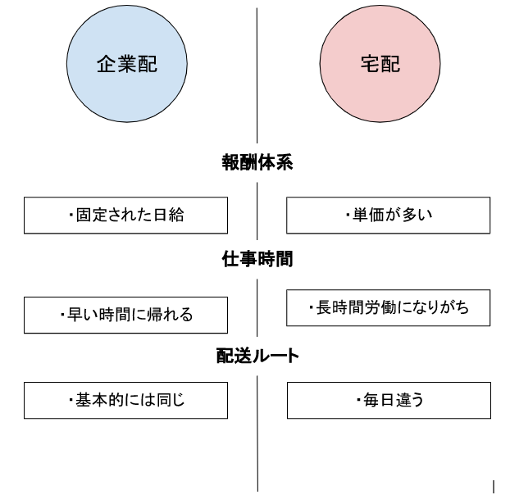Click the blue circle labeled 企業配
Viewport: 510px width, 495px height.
point(127,64)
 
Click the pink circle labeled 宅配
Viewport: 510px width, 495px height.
point(380,64)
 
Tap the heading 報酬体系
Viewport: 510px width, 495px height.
point(257,162)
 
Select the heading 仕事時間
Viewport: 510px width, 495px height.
point(257,259)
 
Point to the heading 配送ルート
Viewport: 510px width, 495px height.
point(257,356)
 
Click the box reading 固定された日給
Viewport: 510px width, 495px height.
point(126,216)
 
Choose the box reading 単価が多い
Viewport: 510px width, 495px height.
point(389,216)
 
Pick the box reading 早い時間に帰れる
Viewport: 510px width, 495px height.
point(126,315)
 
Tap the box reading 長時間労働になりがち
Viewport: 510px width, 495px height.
point(389,308)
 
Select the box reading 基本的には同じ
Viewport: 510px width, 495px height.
point(126,401)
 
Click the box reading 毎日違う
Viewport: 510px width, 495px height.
point(389,401)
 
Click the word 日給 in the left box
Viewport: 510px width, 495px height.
point(169,216)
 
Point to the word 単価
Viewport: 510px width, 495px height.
point(368,215)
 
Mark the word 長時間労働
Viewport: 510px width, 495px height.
point(356,307)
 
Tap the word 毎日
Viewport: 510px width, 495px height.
point(379,400)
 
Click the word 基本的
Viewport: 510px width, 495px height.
point(99,400)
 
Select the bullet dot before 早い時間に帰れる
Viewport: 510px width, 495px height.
point(62,315)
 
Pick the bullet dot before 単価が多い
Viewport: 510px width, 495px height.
point(348,215)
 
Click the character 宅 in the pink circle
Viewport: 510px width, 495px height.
point(370,64)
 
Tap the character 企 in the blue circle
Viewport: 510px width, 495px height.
point(107,64)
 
